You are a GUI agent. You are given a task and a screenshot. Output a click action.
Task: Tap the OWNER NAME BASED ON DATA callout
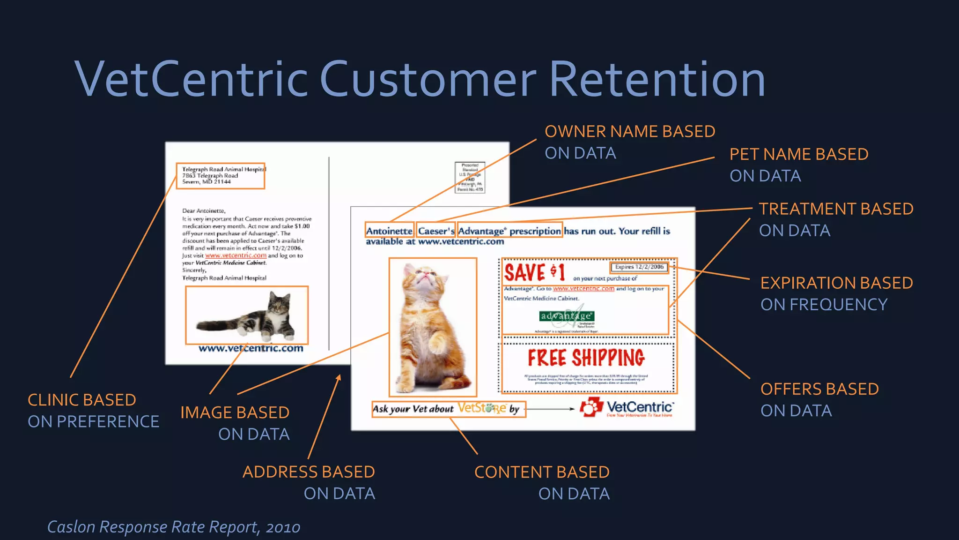click(629, 142)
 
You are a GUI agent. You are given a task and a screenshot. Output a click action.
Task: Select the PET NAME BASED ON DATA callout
click(798, 165)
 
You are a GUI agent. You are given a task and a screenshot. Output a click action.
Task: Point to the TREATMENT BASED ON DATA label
click(836, 219)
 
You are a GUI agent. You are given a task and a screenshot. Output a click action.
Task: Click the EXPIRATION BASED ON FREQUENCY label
click(836, 293)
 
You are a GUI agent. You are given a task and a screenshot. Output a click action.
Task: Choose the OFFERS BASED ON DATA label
click(819, 399)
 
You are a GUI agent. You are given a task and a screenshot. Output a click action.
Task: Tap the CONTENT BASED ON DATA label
click(542, 482)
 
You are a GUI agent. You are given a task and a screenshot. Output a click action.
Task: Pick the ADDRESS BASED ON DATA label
click(309, 482)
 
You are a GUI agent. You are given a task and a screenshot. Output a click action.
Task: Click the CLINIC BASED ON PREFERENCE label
click(93, 411)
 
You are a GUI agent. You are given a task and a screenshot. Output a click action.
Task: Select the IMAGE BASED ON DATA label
click(235, 423)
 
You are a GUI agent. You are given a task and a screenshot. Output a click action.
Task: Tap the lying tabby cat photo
click(247, 315)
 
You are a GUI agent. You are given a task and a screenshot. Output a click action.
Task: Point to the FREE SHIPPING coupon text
click(586, 358)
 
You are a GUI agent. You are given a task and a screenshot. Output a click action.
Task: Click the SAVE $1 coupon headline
click(534, 272)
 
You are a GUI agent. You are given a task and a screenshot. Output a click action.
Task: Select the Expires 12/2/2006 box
click(639, 267)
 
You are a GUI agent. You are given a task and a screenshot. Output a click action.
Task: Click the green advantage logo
click(567, 316)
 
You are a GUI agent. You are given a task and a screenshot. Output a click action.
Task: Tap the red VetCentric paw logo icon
click(591, 407)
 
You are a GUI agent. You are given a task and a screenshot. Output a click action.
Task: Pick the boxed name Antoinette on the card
click(389, 231)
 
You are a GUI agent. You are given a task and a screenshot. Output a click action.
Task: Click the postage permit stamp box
click(470, 178)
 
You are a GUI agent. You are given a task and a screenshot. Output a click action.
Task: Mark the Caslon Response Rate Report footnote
click(174, 527)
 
